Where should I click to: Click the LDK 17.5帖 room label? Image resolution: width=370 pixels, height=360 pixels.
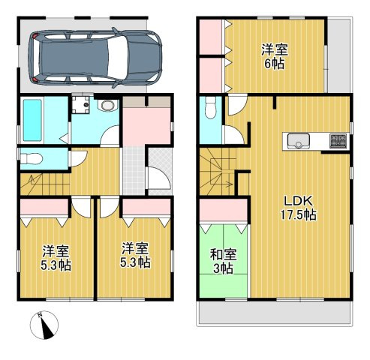pos(298,208)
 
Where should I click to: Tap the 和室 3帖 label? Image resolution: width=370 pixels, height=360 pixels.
pos(223,261)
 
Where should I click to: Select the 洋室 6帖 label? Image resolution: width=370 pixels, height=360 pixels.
pos(275,56)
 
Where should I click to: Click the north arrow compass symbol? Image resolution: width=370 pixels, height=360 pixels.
pos(44,325)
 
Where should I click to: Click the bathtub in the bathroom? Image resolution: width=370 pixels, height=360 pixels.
pos(32,120)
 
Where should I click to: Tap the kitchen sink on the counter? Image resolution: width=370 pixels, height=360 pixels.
pos(299,141)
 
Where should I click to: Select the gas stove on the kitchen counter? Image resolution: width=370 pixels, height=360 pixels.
pos(338,141)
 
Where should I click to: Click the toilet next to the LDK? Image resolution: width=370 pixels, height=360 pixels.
pos(210,107)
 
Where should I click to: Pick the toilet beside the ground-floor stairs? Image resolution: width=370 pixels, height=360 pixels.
pos(32,158)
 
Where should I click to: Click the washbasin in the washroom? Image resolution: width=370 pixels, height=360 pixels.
pos(108,106)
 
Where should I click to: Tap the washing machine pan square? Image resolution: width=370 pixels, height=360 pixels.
pos(80,104)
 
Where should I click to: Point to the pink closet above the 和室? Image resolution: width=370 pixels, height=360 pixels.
pos(224,210)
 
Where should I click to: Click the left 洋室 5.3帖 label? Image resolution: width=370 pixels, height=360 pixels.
pos(56,258)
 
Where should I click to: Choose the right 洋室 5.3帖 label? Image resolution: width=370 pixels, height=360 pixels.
pos(135,255)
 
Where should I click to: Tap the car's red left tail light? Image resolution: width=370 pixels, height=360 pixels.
pos(35,79)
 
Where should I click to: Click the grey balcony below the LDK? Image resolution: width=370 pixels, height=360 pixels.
pos(275,313)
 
